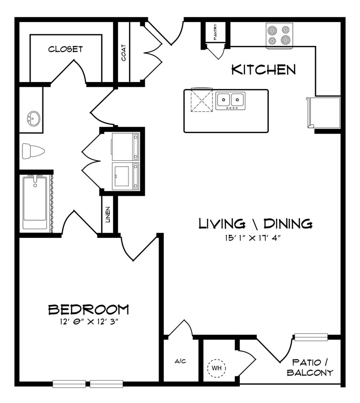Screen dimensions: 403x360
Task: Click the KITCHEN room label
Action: point(263,70)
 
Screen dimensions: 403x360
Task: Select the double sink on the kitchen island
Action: point(230,100)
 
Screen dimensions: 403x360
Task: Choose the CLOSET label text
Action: point(65,49)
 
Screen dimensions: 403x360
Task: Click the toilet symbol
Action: point(33,151)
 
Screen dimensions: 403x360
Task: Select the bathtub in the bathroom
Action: point(35,202)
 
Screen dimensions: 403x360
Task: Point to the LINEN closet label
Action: point(108,214)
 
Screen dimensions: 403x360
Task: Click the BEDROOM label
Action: point(88,309)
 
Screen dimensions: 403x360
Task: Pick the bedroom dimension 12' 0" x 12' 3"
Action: point(88,321)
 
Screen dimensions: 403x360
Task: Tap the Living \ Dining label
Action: point(255,223)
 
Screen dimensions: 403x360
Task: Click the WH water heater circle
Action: point(216,368)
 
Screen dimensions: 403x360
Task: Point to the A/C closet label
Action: point(180,361)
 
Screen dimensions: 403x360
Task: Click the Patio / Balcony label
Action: point(310,367)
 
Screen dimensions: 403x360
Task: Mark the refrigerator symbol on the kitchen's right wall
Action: point(325,113)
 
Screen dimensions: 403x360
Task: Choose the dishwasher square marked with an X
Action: point(201,100)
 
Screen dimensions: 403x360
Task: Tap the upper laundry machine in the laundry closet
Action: point(125,147)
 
